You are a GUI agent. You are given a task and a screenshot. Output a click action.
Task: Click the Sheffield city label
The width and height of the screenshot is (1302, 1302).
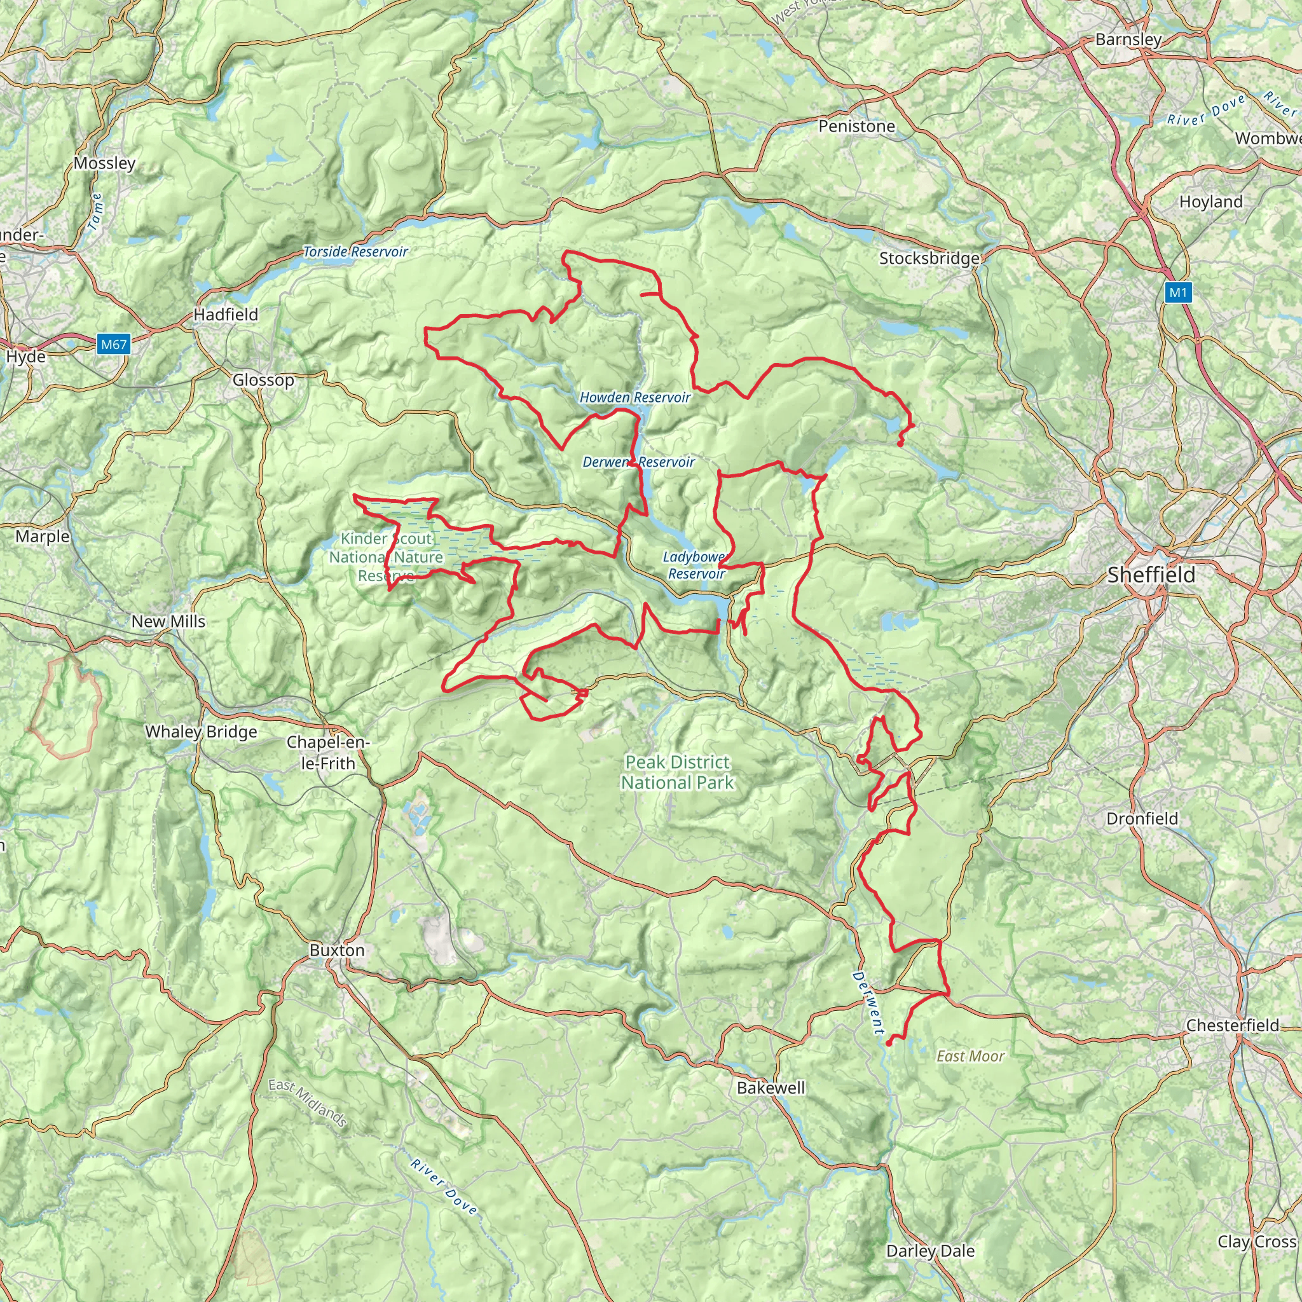[x=1151, y=575]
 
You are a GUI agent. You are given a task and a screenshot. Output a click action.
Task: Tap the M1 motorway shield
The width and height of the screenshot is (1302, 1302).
[x=1177, y=292]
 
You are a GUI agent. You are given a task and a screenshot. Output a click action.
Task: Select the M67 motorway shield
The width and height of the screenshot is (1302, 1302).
[x=113, y=345]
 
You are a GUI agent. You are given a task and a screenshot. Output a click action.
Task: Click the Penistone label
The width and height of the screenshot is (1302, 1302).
[x=856, y=126]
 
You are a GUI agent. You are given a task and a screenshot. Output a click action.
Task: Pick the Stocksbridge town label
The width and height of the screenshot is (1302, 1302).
[x=929, y=258]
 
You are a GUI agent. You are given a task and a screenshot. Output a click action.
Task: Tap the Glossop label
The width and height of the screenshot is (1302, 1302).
[x=263, y=380]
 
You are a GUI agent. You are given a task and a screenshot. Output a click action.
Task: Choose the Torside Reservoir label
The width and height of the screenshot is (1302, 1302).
[x=355, y=251]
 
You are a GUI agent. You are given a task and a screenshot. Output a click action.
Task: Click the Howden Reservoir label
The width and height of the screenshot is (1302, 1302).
[x=635, y=397]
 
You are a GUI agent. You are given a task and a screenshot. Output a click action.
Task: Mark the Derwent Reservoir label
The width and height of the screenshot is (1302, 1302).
[x=638, y=462]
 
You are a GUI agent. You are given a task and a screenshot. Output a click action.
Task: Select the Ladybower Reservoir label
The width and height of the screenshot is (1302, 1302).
[x=696, y=565]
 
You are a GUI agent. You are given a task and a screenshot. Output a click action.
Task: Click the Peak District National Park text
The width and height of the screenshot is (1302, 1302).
[x=677, y=772]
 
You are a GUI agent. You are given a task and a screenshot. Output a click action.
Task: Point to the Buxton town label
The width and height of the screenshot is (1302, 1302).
[x=337, y=950]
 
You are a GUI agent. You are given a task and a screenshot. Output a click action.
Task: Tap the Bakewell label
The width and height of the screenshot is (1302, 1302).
[x=771, y=1087]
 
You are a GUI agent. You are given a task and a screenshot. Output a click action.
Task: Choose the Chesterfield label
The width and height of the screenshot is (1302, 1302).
[x=1232, y=1025]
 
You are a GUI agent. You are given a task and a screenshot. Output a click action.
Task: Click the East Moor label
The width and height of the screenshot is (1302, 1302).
[x=970, y=1056]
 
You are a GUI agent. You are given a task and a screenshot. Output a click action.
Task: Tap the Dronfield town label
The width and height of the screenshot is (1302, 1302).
[x=1142, y=818]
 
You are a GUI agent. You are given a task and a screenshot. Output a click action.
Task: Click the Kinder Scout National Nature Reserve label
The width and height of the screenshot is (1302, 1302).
[x=386, y=557]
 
